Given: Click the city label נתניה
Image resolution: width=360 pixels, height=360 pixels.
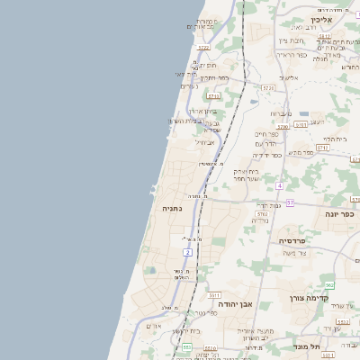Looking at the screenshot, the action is (x=172, y=208).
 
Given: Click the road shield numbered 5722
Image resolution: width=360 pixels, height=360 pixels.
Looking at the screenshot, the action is (x=203, y=48).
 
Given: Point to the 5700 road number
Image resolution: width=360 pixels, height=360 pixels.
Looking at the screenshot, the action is (x=283, y=127).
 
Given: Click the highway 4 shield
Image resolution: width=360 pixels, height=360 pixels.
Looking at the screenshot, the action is (x=280, y=185).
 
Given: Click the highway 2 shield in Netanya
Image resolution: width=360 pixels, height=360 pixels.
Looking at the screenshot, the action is (x=187, y=254).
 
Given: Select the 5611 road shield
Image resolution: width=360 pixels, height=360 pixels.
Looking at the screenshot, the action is (x=214, y=294).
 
